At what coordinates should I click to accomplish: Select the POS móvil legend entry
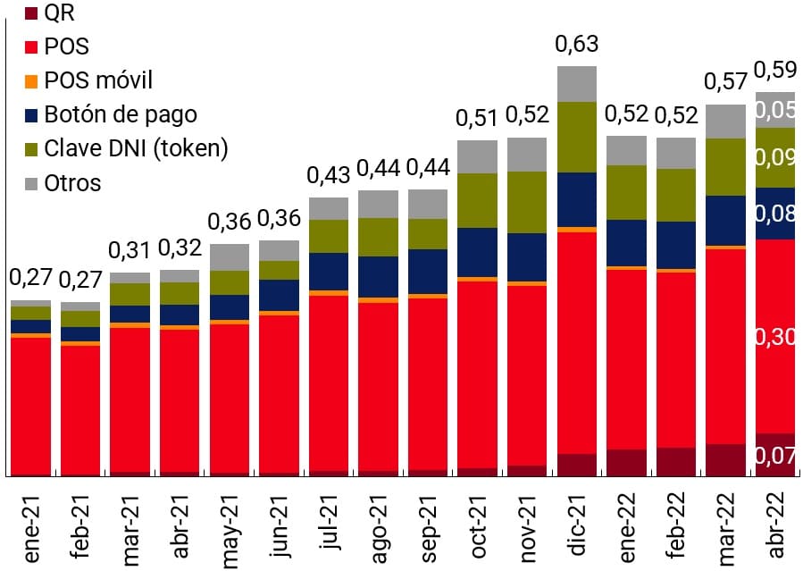(98, 80)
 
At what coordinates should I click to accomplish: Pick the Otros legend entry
(72, 183)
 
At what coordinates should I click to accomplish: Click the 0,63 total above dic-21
(576, 44)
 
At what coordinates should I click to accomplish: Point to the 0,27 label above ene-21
(29, 279)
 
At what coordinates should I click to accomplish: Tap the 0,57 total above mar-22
(725, 81)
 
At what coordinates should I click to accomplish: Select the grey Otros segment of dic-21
(577, 83)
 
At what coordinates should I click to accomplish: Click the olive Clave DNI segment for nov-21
(527, 202)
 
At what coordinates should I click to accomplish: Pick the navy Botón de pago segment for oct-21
(477, 252)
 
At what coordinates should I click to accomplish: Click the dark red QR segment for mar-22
(725, 459)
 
